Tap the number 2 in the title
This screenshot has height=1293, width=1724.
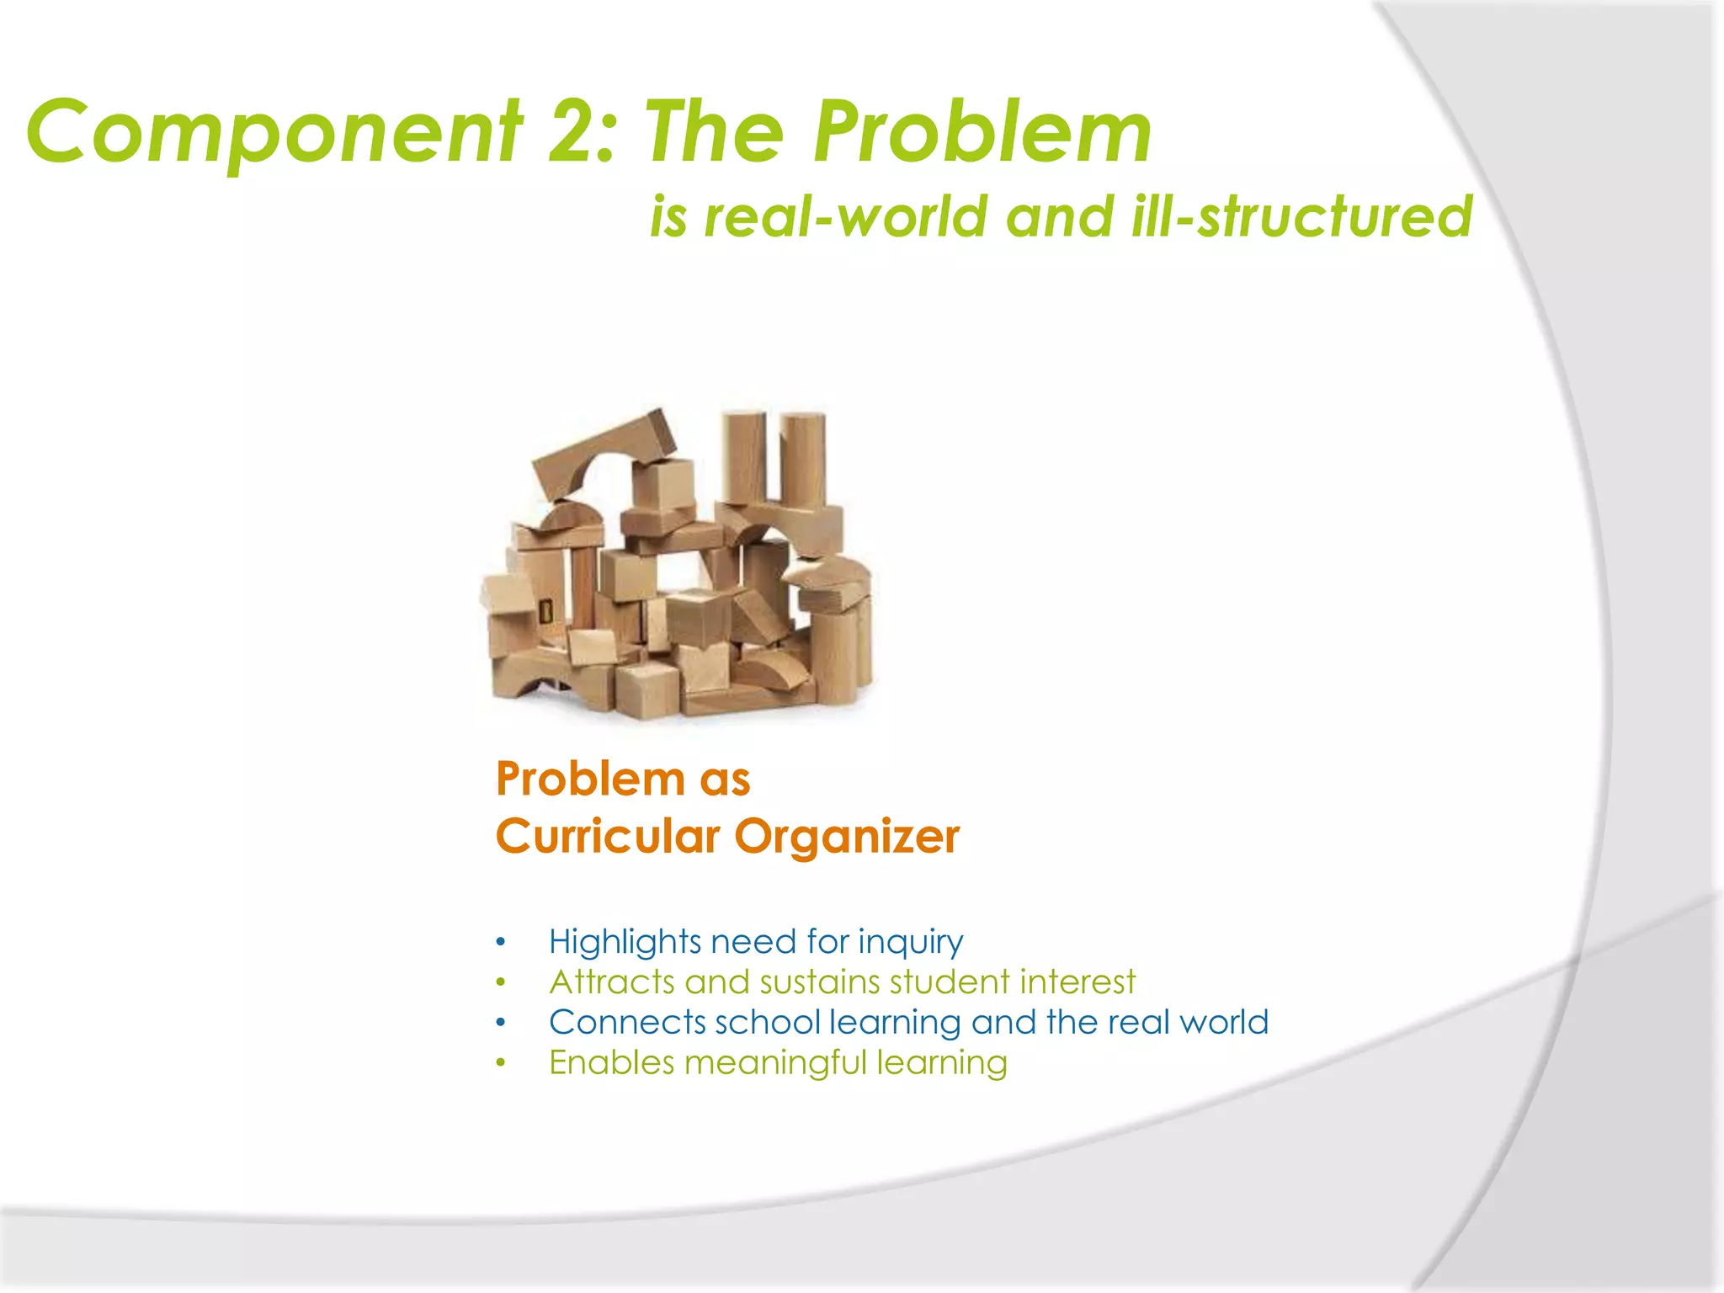(x=575, y=132)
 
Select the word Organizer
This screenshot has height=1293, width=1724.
(x=846, y=837)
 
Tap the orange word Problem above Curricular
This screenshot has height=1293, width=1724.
(x=590, y=779)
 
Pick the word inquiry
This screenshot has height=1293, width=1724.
(x=910, y=942)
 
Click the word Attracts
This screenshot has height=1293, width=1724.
(x=612, y=982)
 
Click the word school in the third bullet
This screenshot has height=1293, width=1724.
(x=767, y=1023)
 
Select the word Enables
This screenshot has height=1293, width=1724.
(x=611, y=1063)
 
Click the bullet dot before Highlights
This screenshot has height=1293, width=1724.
(x=501, y=942)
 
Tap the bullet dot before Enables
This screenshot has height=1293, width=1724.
(x=501, y=1063)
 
